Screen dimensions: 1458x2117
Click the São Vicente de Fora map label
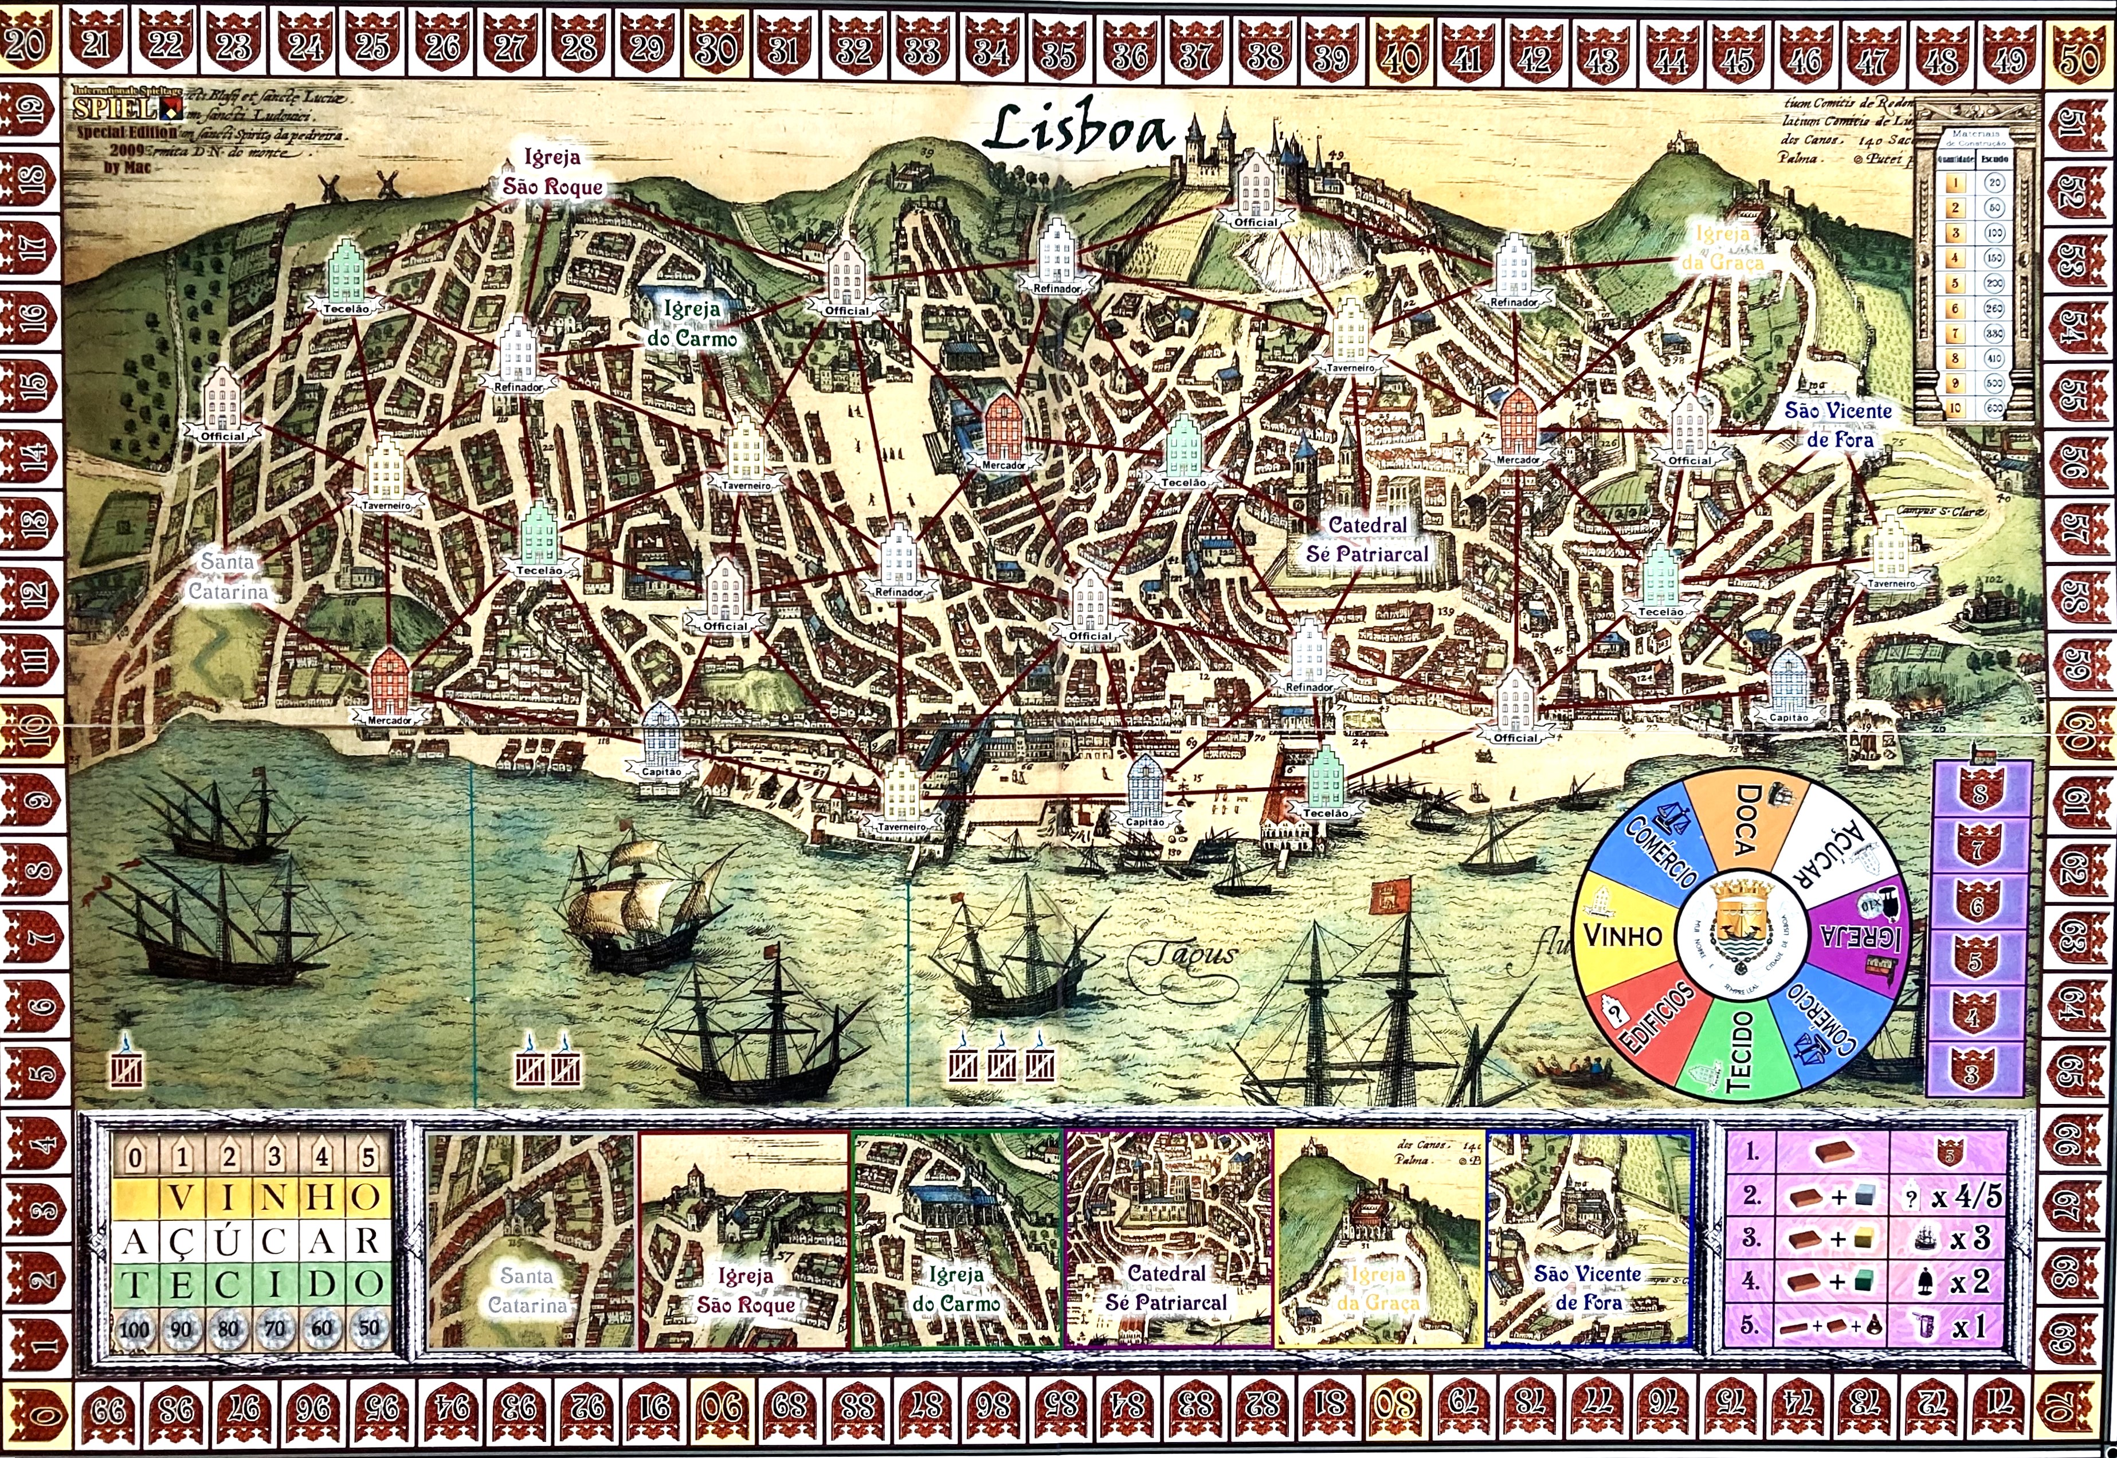[x=1837, y=425]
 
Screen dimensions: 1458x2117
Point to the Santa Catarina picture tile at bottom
[x=532, y=1238]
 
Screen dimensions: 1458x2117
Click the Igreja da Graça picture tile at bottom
[x=1379, y=1238]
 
